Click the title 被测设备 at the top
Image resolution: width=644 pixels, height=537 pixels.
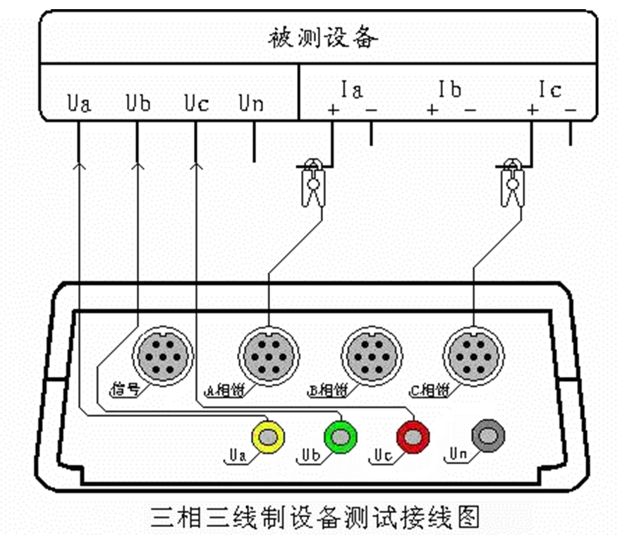point(324,37)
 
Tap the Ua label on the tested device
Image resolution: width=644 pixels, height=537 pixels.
point(80,104)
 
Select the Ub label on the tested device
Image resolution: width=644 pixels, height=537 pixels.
point(138,104)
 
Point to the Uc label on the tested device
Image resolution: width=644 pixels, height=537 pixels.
point(196,104)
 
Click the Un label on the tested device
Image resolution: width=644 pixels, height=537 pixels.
point(251,104)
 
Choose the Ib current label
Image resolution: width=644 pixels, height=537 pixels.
point(449,90)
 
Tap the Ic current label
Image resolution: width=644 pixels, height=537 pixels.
point(549,90)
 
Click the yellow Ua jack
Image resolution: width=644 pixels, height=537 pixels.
point(269,438)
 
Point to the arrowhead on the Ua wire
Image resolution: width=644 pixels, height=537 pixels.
point(80,167)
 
